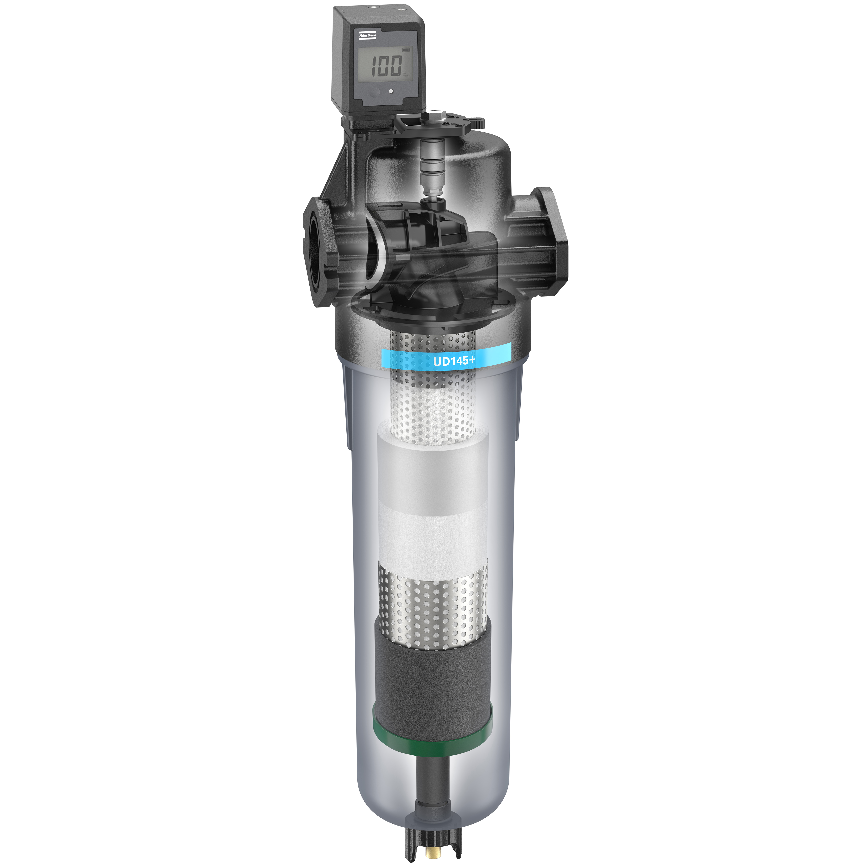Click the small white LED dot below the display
pyautogui.click(x=391, y=91)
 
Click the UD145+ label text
pyautogui.click(x=454, y=361)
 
